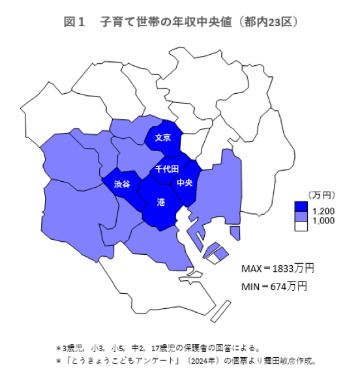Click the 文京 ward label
click(x=163, y=138)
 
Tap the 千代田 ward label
click(x=167, y=169)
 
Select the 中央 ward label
click(x=185, y=183)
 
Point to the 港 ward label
click(x=161, y=203)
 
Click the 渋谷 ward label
click(x=122, y=184)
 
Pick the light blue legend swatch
click(x=301, y=216)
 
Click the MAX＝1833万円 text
click(x=278, y=268)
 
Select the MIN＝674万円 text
click(x=274, y=285)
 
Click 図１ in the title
click(x=74, y=22)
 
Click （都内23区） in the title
click(x=269, y=22)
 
